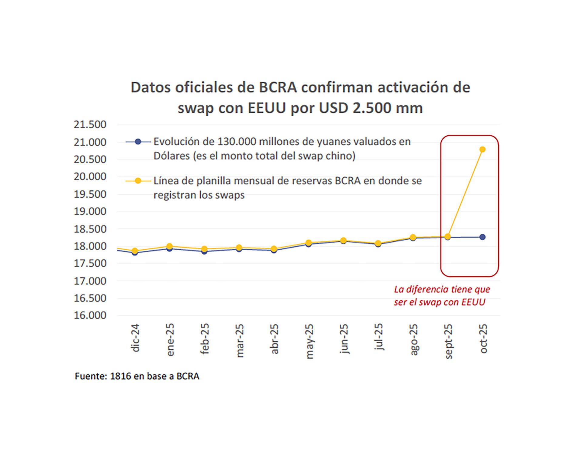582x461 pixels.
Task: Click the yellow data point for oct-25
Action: pyautogui.click(x=482, y=149)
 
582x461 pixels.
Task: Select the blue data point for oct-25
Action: pyautogui.click(x=482, y=237)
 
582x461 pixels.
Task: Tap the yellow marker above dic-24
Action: pyautogui.click(x=135, y=251)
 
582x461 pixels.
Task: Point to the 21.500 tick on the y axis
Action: pyautogui.click(x=90, y=125)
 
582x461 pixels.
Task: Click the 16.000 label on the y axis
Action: pyautogui.click(x=90, y=315)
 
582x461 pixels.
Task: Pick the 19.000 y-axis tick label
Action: pyautogui.click(x=90, y=212)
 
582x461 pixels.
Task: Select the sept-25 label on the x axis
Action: pyautogui.click(x=448, y=341)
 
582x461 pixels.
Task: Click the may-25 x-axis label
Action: pyautogui.click(x=309, y=341)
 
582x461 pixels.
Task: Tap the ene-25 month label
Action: pyautogui.click(x=170, y=340)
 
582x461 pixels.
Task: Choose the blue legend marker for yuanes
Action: pyautogui.click(x=138, y=142)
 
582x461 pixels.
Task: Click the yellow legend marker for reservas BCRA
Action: pyautogui.click(x=138, y=181)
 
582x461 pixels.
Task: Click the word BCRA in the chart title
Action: pyautogui.click(x=277, y=87)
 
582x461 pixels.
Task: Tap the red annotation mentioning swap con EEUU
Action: pyautogui.click(x=441, y=296)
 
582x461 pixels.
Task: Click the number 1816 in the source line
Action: pyautogui.click(x=120, y=376)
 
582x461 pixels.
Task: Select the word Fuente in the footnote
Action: pyautogui.click(x=91, y=376)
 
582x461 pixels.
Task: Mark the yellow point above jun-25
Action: pyautogui.click(x=343, y=241)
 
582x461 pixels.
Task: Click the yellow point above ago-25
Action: pyautogui.click(x=413, y=237)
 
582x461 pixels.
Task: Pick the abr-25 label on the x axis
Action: pyautogui.click(x=274, y=339)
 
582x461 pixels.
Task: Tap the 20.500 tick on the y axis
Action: pyautogui.click(x=90, y=160)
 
